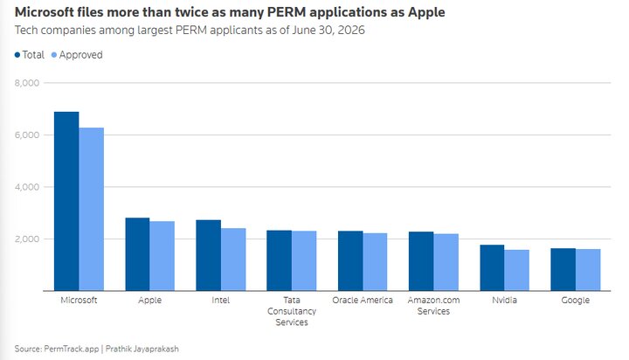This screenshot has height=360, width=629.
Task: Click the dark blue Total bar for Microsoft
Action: pos(66,201)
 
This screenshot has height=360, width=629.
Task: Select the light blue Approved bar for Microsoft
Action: pos(92,209)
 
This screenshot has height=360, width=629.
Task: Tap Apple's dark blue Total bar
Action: pos(138,254)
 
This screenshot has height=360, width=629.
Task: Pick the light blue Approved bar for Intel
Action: pos(233,260)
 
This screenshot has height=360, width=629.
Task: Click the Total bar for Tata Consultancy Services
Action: pos(280,260)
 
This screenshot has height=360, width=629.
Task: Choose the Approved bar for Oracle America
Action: pos(375,261)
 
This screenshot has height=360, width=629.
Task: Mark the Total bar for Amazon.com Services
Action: pos(421,261)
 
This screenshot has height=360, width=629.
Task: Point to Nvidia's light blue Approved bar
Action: pos(516,270)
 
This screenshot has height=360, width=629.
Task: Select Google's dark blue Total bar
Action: pos(563,269)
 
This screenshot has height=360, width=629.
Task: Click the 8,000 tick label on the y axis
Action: pos(27,83)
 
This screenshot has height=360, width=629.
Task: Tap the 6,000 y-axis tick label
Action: pos(27,135)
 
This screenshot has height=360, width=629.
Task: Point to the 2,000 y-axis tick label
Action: pos(27,239)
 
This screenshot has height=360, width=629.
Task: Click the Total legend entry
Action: pos(30,54)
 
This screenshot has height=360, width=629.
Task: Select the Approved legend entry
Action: pos(77,55)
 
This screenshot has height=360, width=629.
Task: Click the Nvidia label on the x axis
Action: pos(504,301)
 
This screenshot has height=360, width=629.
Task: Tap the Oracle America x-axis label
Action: pos(363,301)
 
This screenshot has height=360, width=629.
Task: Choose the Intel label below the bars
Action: pos(221,301)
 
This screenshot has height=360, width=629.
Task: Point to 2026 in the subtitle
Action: pos(351,30)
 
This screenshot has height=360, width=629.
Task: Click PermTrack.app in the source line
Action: pos(72,349)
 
